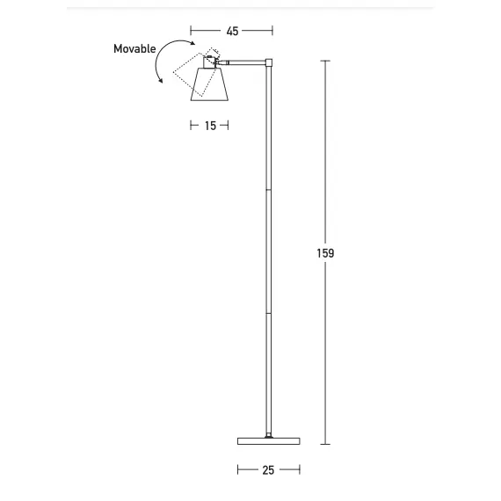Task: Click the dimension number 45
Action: (232, 31)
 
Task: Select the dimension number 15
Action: (210, 126)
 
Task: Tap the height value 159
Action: (325, 253)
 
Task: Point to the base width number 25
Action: (268, 470)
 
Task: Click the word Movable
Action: (134, 48)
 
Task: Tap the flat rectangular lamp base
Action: (268, 440)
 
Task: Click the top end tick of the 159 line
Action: (325, 61)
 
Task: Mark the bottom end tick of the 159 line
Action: (325, 445)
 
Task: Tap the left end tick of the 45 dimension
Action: (191, 31)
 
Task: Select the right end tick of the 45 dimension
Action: (272, 31)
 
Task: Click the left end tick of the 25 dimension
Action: (237, 470)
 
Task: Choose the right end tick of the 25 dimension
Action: (300, 470)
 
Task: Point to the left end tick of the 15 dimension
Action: (191, 126)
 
